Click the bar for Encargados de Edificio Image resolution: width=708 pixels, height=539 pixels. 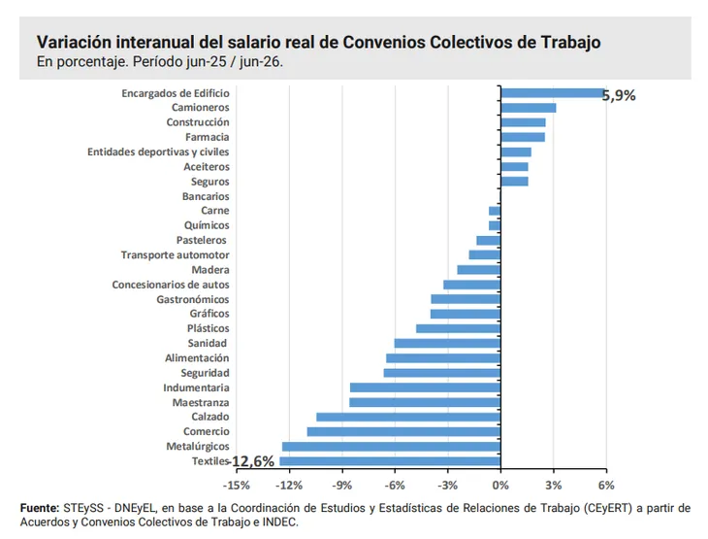[553, 93]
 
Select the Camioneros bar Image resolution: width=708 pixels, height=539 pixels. [529, 108]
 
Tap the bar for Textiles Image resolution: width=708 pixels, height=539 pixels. [390, 461]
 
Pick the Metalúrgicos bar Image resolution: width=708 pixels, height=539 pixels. [392, 447]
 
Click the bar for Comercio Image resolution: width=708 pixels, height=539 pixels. [403, 432]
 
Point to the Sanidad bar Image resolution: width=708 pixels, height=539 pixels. [447, 343]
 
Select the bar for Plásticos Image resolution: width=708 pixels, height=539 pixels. [459, 328]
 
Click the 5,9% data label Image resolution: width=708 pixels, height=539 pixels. [619, 95]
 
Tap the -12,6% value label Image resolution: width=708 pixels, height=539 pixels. [252, 461]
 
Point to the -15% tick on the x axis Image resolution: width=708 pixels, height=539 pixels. [236, 486]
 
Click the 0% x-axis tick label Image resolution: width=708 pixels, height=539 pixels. [500, 486]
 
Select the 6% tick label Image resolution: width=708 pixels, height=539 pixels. [606, 486]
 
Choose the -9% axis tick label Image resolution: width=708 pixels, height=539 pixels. [341, 486]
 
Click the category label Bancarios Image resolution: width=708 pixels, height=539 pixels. [206, 196]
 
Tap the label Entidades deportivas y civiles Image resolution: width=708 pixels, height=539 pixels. [158, 152]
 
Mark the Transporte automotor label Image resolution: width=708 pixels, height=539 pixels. [176, 255]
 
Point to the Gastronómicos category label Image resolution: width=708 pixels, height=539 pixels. [193, 299]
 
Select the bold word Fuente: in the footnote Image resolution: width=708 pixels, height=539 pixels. [40, 508]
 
